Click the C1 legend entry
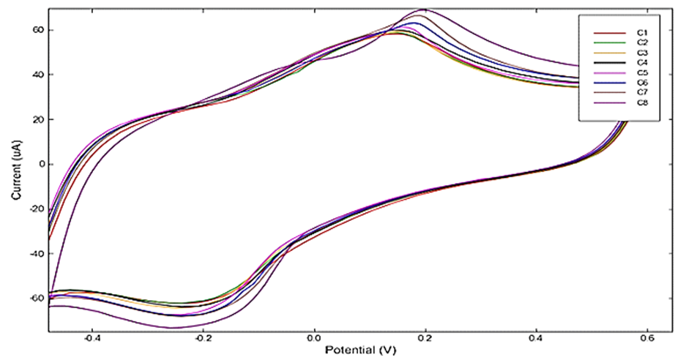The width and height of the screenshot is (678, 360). tap(641, 33)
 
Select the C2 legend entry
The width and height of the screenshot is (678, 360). tap(641, 43)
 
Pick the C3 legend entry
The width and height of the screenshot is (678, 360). tap(641, 53)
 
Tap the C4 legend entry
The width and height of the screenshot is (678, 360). tap(641, 63)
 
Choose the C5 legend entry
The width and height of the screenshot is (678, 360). tap(641, 73)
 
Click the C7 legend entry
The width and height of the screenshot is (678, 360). tap(641, 93)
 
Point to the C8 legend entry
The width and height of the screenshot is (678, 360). tap(641, 103)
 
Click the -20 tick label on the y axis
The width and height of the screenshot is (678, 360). tap(34, 209)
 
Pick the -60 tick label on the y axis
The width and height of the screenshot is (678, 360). tap(34, 299)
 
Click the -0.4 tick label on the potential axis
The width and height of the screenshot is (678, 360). tap(92, 340)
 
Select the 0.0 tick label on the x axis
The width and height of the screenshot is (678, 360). tap(314, 340)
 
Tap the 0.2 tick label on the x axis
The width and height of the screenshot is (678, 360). tap(425, 340)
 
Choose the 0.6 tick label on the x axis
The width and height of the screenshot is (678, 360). tap(648, 340)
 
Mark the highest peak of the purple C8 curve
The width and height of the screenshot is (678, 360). tap(425, 10)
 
